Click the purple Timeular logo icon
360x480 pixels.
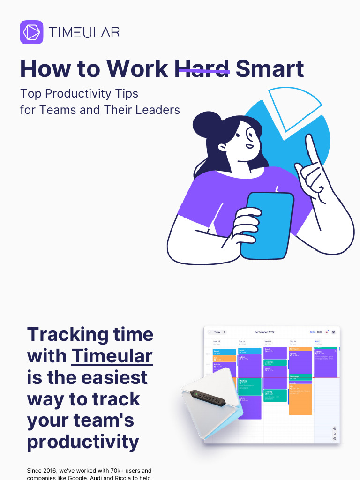pos(32,32)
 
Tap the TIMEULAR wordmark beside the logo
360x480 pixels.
pos(84,32)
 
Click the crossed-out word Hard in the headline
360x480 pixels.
pos(202,69)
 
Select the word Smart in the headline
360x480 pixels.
pos(270,69)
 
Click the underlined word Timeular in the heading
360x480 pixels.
pos(112,356)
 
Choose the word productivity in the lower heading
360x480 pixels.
pos(83,442)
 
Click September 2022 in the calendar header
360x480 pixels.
pos(264,332)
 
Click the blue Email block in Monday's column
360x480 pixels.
pos(225,352)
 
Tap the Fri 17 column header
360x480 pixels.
pos(318,342)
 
